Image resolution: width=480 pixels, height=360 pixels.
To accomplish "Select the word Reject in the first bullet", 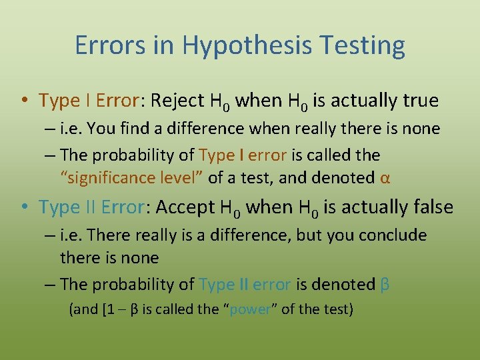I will [177, 101].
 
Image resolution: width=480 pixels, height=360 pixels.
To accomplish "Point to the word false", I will [428, 207].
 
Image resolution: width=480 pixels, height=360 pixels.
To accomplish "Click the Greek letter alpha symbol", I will [385, 178].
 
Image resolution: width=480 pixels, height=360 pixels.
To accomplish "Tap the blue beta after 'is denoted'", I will [385, 285].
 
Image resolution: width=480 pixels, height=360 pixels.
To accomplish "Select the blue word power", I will [249, 309].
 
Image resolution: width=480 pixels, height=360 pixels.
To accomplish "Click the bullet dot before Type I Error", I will [24, 101].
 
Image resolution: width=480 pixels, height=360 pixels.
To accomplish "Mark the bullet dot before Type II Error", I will [24, 208].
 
